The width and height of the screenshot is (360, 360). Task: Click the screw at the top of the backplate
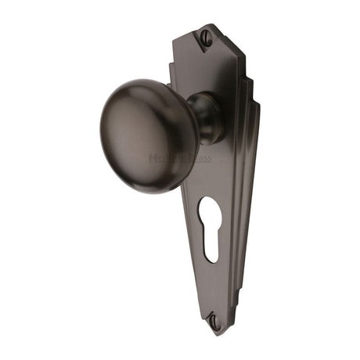(207, 35)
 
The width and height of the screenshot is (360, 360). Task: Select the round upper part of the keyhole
(209, 211)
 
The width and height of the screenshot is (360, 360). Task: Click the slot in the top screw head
(207, 35)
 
